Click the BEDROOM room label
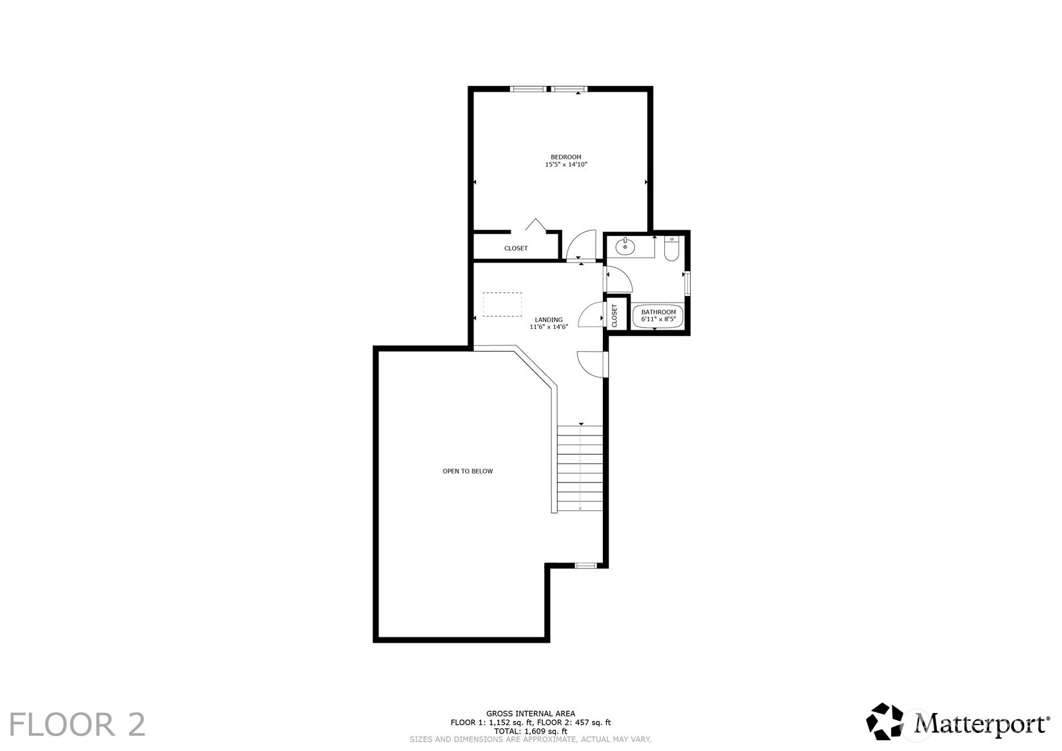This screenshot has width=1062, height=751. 565,157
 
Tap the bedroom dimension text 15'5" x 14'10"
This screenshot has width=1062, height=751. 565,165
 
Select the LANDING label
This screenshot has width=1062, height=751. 548,319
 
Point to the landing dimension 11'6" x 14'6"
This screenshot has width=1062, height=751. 548,327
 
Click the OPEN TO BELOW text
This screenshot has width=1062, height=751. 467,471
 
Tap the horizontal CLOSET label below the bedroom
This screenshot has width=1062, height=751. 516,248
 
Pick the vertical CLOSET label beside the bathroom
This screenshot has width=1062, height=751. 615,315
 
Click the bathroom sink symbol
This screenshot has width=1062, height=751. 625,246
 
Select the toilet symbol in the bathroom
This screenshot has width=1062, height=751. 671,250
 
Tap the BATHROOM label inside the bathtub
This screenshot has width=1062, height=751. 658,312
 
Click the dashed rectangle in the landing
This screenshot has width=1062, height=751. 502,304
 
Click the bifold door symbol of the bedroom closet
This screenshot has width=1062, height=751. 535,225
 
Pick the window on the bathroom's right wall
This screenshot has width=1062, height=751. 687,284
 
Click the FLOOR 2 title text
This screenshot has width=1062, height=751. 77,725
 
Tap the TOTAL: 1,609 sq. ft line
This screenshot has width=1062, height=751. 530,731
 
